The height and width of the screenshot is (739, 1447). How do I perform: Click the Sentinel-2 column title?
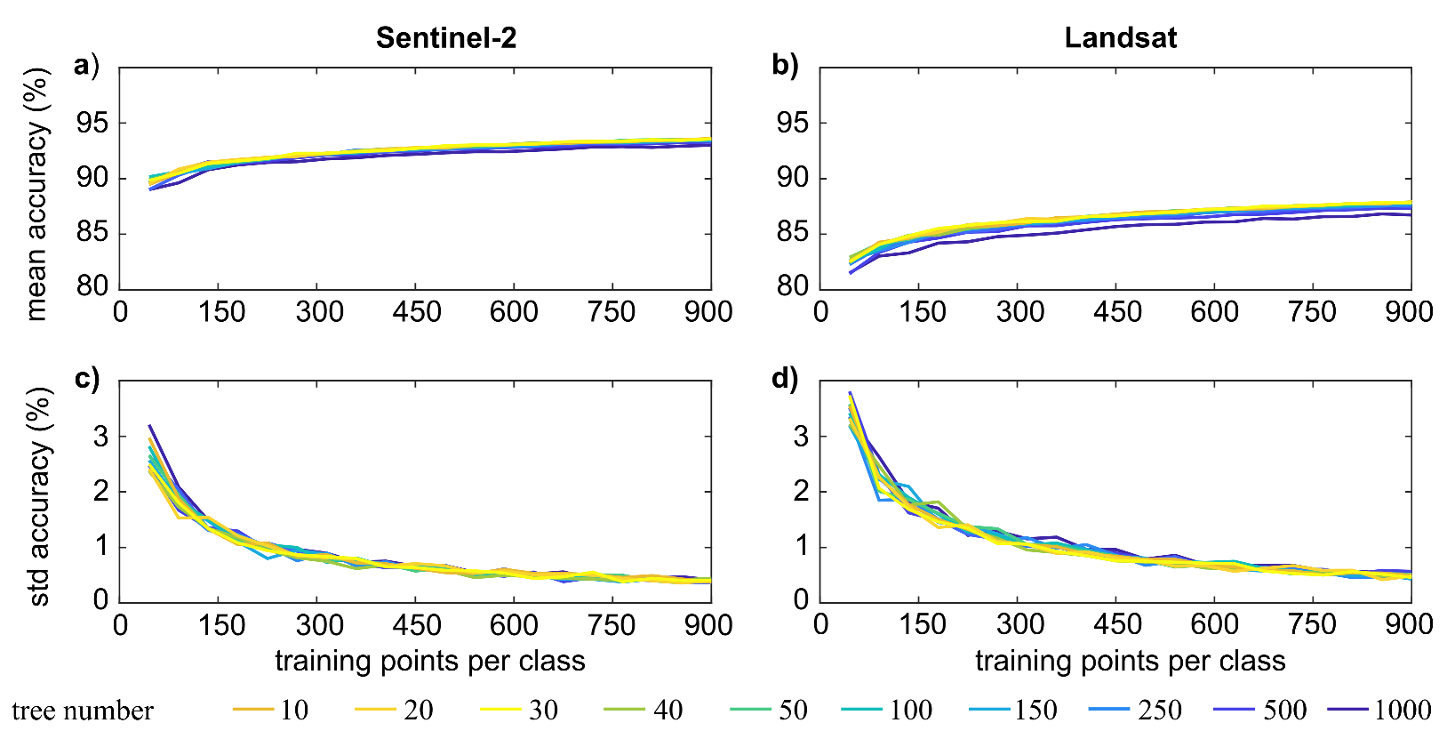(x=445, y=37)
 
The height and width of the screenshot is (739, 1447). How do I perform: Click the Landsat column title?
(x=1120, y=37)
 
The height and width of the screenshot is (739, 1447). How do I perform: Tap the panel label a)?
(x=86, y=65)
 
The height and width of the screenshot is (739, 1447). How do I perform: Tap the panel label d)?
(x=785, y=378)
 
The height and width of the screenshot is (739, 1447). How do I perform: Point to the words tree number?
(x=83, y=711)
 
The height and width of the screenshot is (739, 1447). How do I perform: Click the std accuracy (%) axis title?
(x=38, y=496)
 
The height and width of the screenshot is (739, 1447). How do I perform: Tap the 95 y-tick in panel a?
(x=93, y=123)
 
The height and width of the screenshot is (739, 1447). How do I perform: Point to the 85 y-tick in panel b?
(x=793, y=233)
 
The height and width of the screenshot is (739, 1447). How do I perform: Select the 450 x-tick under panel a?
(x=416, y=312)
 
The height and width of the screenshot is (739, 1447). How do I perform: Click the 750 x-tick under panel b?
(x=1312, y=312)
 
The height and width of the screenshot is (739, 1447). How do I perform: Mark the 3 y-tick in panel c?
(x=100, y=437)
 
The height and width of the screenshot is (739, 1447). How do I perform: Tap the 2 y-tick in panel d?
(x=801, y=492)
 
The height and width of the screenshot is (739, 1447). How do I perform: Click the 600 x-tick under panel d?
(x=1214, y=624)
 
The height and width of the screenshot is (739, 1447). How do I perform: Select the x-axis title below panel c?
(x=430, y=661)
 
